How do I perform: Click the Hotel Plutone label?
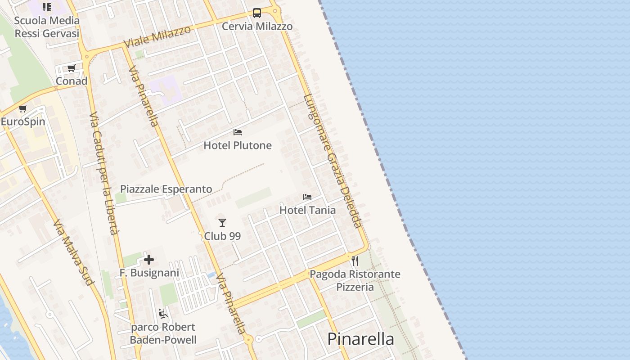point(238,145)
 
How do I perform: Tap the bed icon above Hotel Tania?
point(307,197)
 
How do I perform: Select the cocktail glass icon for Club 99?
point(222,222)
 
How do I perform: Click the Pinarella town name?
point(360,339)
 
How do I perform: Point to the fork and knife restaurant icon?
point(355,261)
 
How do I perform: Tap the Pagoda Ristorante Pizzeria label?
point(355,280)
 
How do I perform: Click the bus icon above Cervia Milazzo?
point(257,13)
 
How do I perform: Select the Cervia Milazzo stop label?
point(257,27)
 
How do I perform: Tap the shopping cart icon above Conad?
point(72,68)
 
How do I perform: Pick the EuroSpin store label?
point(23,122)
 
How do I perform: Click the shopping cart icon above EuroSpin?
point(23,109)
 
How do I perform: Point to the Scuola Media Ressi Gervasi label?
point(47,27)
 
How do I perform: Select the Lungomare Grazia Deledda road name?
point(332,161)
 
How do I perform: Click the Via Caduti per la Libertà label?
point(104,173)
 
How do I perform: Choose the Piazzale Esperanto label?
point(166,189)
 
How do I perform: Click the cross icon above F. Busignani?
point(149,260)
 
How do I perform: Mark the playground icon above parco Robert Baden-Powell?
point(163,314)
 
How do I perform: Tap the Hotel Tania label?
point(307,210)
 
